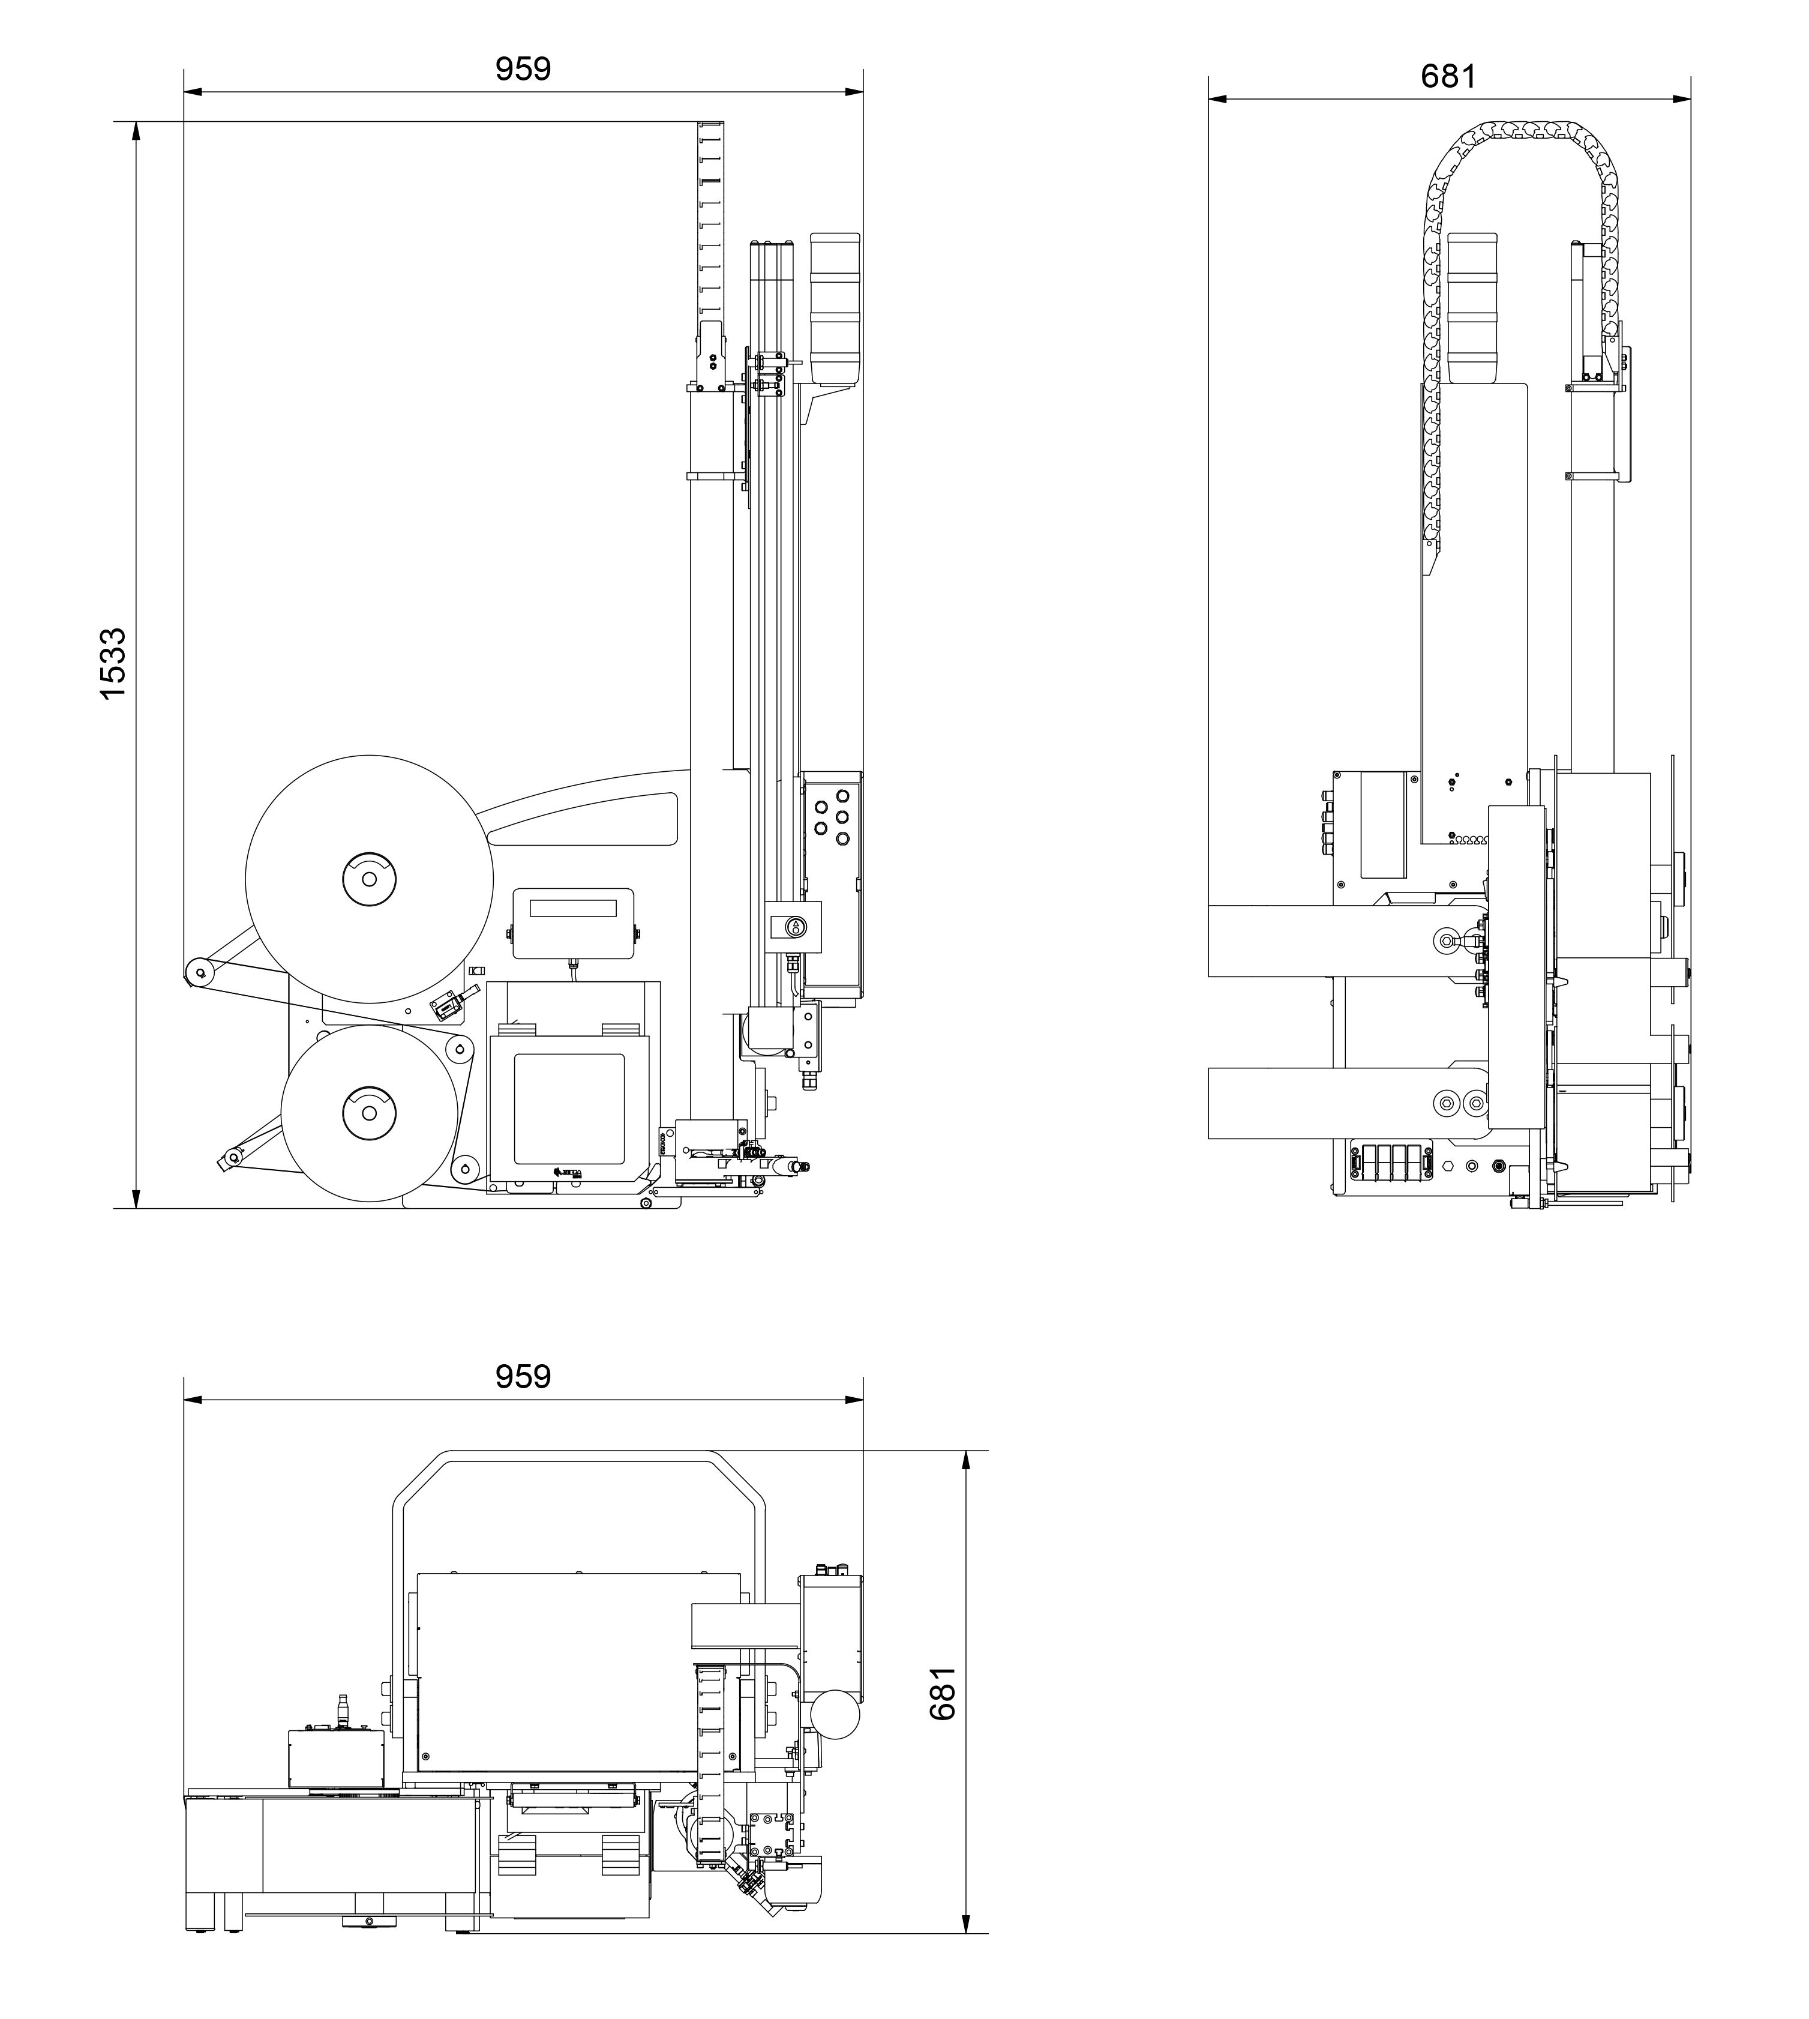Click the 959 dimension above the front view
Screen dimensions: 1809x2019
tap(523, 68)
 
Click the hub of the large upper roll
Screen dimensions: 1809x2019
tap(369, 879)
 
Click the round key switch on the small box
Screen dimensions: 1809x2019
tap(795, 927)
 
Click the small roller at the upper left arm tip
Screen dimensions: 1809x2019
tap(198, 971)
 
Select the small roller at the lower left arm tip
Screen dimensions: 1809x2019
tap(233, 1156)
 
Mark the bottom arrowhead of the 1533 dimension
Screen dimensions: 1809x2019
tap(136, 1198)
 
